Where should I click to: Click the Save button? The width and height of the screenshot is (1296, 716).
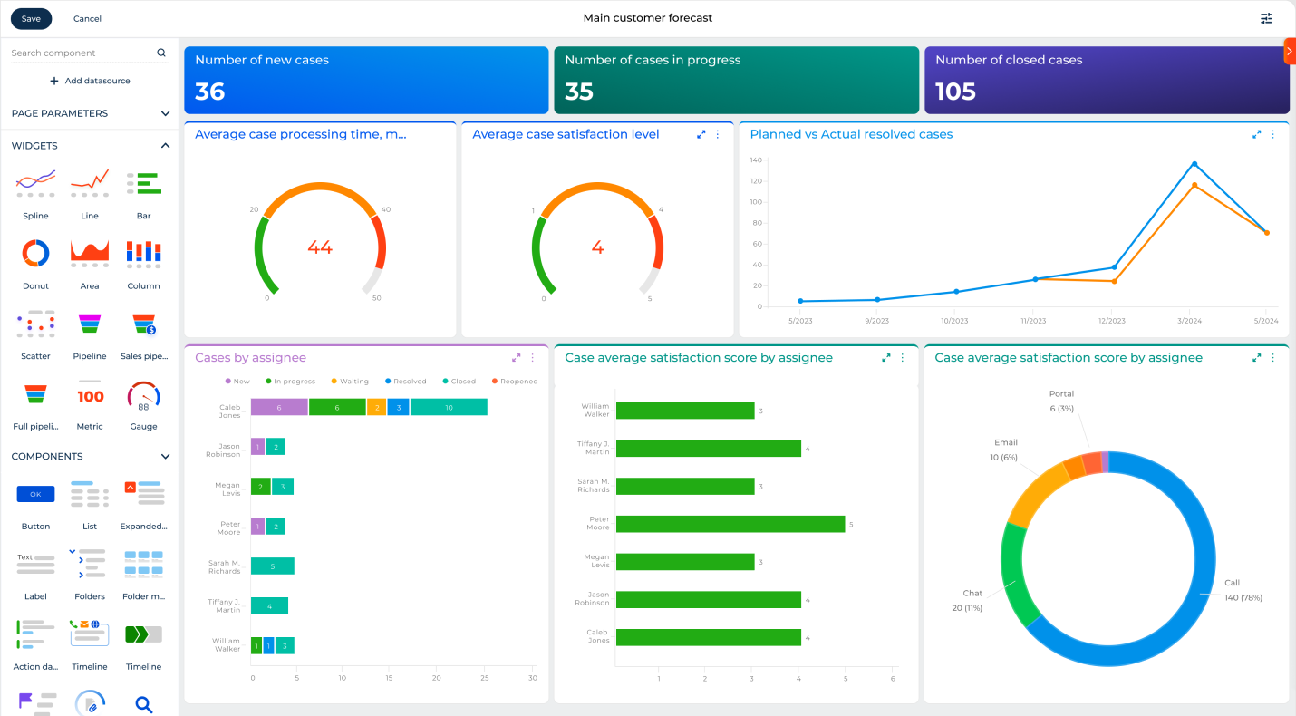click(x=31, y=18)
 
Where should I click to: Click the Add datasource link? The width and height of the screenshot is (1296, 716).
click(x=90, y=81)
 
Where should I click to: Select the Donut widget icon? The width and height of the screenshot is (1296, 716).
click(x=35, y=254)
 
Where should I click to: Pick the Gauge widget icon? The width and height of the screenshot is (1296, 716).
click(x=143, y=395)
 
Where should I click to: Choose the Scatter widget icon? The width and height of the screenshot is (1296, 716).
click(x=35, y=324)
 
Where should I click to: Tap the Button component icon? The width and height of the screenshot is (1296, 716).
click(x=35, y=494)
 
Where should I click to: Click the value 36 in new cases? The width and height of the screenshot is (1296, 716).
click(x=210, y=92)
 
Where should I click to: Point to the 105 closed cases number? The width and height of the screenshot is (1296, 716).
click(x=955, y=92)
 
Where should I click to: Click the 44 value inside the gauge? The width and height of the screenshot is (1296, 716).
click(x=320, y=247)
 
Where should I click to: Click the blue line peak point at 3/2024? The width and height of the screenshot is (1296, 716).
click(x=1194, y=164)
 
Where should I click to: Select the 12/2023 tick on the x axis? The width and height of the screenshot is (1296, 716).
click(x=1111, y=321)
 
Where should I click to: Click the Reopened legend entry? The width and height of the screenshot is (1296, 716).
click(x=514, y=382)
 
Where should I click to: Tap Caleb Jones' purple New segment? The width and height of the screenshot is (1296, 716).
click(x=279, y=408)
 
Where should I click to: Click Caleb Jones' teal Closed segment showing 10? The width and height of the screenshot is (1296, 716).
click(x=449, y=408)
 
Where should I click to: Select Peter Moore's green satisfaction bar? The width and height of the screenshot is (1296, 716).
click(x=730, y=524)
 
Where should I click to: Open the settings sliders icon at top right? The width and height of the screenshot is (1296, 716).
click(x=1266, y=18)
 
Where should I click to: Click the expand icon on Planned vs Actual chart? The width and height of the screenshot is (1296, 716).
click(x=1256, y=134)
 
